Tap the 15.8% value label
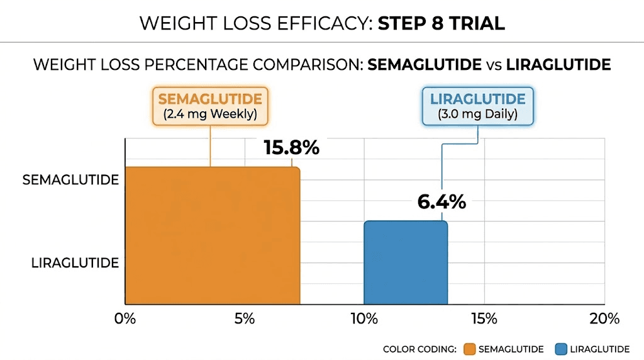tap(291, 148)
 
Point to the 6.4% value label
tap(441, 202)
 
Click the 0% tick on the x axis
tap(125, 318)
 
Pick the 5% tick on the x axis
tap(245, 318)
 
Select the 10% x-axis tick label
tap(364, 318)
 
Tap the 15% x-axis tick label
tap(484, 318)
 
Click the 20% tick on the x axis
tap(604, 318)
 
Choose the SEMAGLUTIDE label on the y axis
tap(70, 180)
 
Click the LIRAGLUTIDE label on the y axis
tap(75, 263)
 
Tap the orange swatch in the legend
tap(469, 349)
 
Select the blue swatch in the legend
tap(561, 349)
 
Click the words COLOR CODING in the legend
tap(419, 349)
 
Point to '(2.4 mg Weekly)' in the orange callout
tap(210, 115)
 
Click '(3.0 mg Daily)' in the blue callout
tap(478, 115)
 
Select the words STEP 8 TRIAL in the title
tap(441, 23)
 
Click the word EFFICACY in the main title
tap(318, 23)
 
